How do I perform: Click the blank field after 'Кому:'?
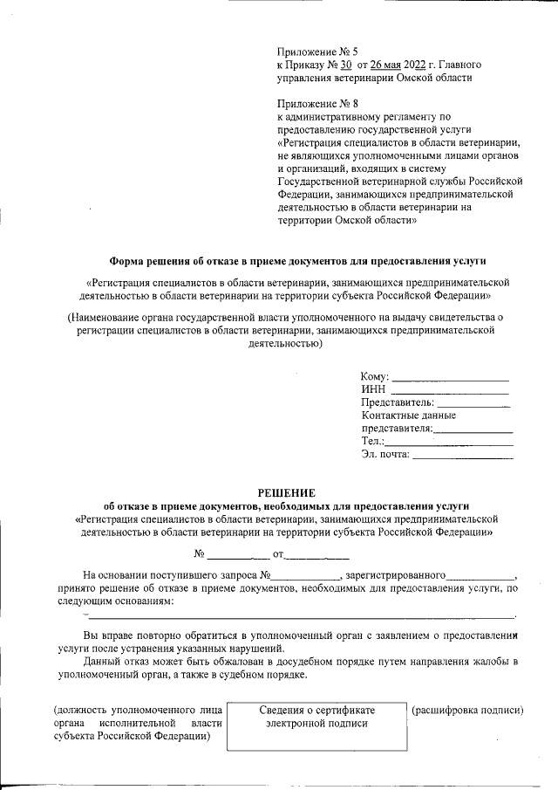point(450,377)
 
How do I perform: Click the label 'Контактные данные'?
point(408,416)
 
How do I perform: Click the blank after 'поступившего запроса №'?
point(306,575)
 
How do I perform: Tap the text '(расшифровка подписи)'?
point(467,711)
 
